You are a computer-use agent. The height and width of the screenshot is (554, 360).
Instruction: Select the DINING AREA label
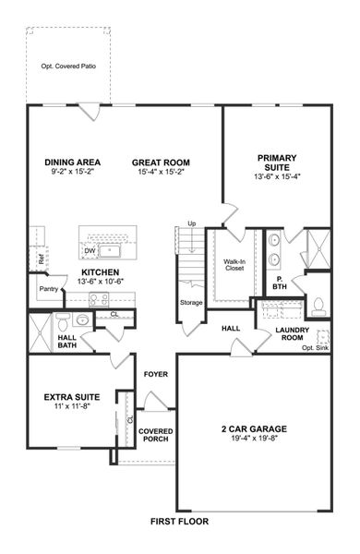click(x=72, y=163)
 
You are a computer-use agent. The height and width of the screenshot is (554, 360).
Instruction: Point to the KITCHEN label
click(x=102, y=272)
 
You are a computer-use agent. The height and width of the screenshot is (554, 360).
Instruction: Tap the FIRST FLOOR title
click(x=181, y=522)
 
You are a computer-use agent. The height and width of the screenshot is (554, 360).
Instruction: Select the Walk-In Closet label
click(x=234, y=266)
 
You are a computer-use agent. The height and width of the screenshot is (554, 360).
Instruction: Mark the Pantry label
click(x=49, y=289)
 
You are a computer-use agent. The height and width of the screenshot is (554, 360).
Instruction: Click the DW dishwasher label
click(x=90, y=250)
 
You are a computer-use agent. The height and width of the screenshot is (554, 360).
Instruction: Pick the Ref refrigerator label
click(x=42, y=259)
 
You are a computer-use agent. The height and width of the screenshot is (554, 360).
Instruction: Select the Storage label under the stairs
click(x=191, y=302)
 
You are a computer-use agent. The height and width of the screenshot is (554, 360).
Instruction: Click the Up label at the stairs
click(x=192, y=223)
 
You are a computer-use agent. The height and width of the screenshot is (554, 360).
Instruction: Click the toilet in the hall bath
click(x=62, y=321)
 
